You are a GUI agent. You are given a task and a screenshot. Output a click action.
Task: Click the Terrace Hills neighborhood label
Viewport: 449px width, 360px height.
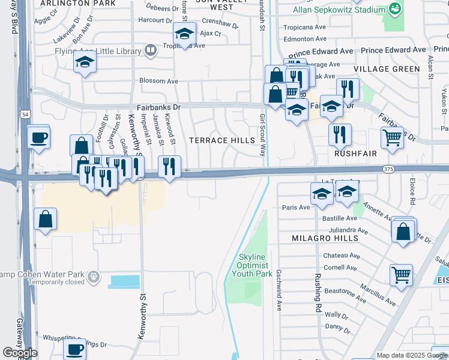[x=222, y=140]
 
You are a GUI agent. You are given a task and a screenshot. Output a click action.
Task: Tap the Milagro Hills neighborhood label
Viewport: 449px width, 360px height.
[x=325, y=238]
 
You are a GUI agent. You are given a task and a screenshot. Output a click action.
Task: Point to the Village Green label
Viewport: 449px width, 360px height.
[x=387, y=69]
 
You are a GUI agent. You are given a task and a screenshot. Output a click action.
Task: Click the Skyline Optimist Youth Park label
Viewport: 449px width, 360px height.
[x=249, y=265]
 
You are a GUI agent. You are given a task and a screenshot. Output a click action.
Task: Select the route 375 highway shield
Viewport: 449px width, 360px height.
[x=387, y=170]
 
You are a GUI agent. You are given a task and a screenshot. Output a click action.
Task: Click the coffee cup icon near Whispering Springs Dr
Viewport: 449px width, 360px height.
[x=75, y=349]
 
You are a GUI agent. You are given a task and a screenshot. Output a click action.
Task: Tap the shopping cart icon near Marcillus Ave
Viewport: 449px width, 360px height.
[x=401, y=275]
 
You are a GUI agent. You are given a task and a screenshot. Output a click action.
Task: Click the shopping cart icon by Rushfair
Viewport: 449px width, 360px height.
[x=392, y=137]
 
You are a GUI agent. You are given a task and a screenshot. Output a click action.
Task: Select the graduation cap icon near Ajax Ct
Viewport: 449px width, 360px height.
[x=184, y=33]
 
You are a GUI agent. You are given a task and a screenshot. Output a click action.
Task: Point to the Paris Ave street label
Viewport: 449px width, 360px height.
[x=295, y=207]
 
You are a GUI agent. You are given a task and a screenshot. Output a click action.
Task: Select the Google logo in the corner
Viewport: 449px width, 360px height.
[x=20, y=353]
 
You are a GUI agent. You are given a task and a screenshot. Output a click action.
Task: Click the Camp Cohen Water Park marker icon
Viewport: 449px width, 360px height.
[x=93, y=277]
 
